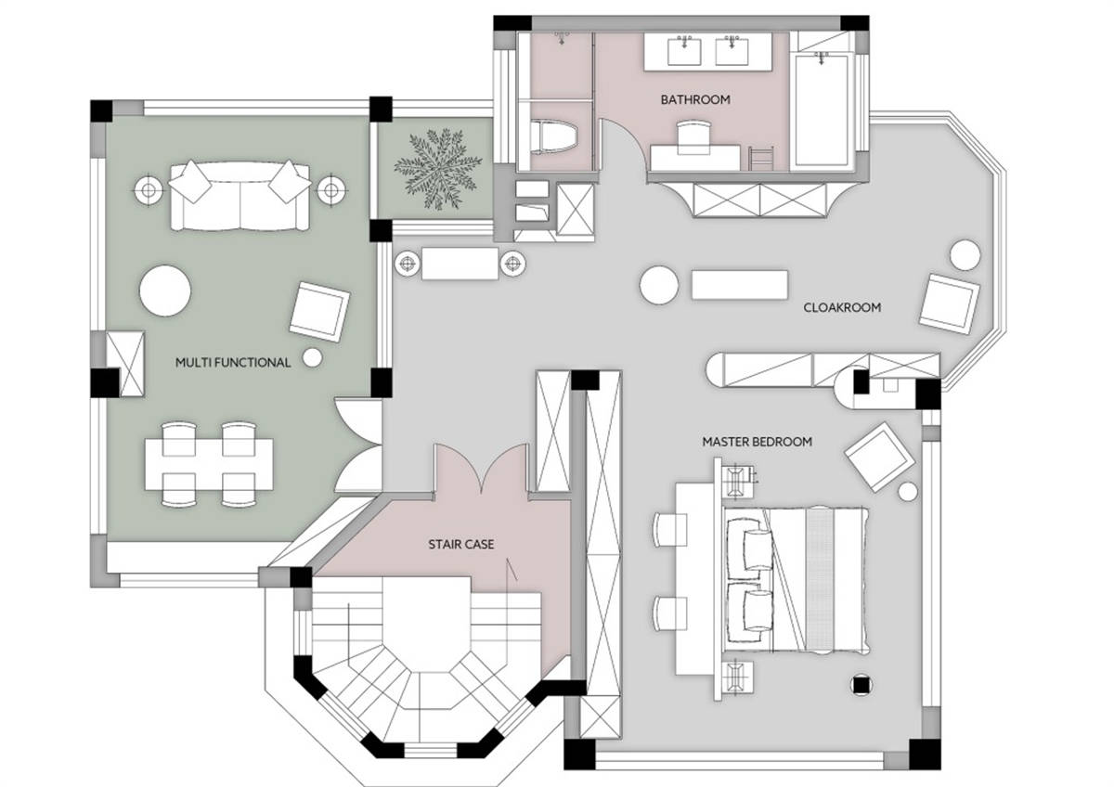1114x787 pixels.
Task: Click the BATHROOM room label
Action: [x=695, y=99]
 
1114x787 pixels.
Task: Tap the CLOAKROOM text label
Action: [x=842, y=307]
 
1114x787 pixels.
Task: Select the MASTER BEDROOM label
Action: [x=757, y=442]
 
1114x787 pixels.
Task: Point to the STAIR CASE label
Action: [x=461, y=545]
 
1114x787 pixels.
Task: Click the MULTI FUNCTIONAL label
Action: [x=233, y=363]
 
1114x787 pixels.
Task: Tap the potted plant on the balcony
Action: [x=437, y=168]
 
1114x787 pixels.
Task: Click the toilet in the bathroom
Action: [x=554, y=135]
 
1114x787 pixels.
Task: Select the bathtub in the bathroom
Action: [x=822, y=110]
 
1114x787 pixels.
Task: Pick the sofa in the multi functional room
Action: [x=240, y=195]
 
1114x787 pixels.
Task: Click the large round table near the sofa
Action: [x=165, y=290]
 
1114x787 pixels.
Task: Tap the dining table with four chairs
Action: [x=209, y=464]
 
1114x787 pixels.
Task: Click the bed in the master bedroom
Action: [x=796, y=579]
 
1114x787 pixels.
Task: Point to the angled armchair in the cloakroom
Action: [x=949, y=304]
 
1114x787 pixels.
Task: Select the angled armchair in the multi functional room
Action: [x=319, y=312]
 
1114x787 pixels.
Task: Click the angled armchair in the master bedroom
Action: [x=879, y=457]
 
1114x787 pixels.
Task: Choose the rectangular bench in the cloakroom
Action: [x=740, y=285]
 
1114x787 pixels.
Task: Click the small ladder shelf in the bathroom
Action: [x=761, y=158]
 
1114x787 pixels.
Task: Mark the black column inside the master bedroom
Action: [x=861, y=686]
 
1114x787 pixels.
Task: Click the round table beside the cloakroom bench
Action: [x=659, y=285]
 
